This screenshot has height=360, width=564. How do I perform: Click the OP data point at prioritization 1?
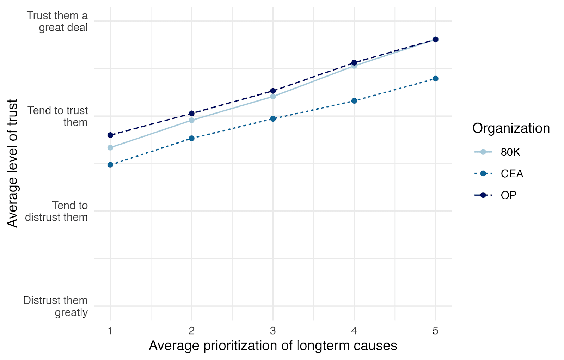110,135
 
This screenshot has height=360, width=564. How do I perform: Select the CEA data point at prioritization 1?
110,165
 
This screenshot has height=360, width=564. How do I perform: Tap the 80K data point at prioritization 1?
110,148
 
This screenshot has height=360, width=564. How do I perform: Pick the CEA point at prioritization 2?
192,138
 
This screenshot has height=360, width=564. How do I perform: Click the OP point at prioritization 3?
273,91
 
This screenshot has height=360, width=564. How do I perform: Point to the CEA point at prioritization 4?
354,101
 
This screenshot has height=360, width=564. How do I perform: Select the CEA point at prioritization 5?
436,79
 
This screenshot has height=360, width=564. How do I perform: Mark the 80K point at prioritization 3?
273,97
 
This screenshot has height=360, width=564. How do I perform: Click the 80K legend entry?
497,152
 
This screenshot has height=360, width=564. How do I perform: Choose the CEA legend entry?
498,173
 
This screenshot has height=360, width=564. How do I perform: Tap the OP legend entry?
495,195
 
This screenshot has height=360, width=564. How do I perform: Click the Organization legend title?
511,128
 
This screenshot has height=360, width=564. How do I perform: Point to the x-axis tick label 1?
110,330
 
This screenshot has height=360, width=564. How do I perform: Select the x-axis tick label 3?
273,330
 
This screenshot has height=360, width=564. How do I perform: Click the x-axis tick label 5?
436,330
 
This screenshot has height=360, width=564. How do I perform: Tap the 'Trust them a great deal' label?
57,22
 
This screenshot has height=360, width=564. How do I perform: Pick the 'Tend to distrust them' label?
56,211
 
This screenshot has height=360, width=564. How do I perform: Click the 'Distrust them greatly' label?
56,306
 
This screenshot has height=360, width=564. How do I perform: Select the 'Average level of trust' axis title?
12,163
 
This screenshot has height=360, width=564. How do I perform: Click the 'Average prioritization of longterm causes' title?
273,346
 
